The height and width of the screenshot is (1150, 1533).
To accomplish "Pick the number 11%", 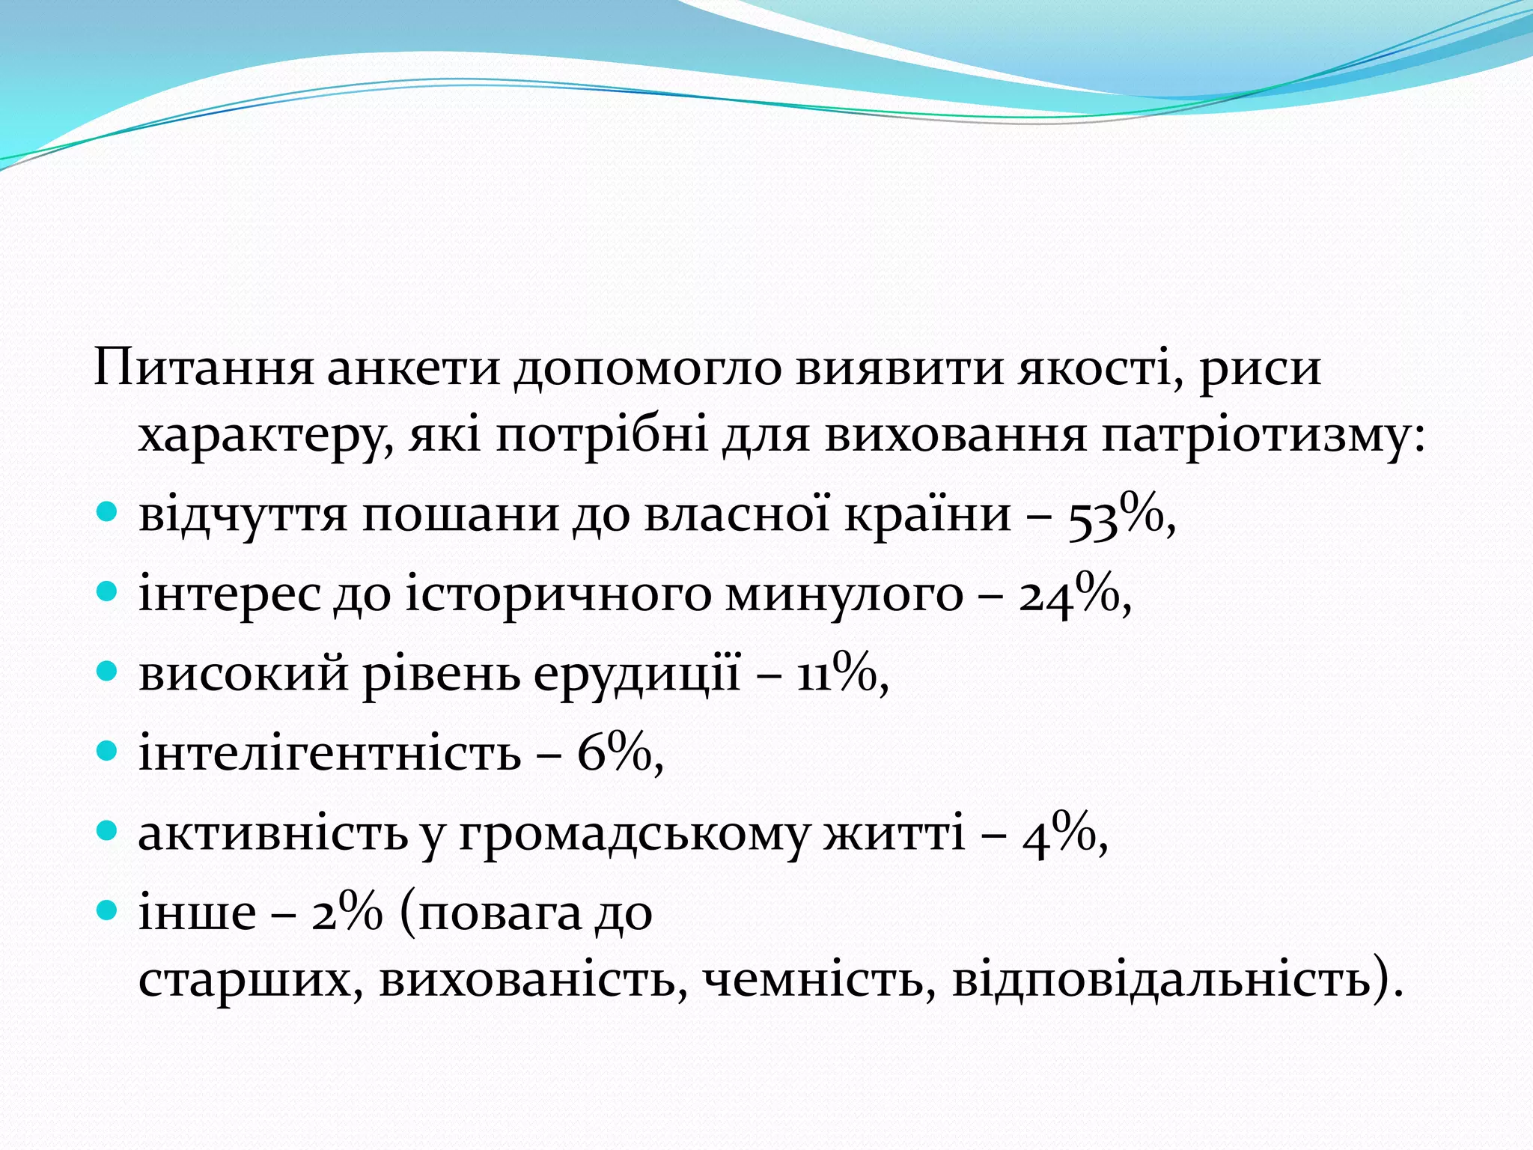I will coord(836,674).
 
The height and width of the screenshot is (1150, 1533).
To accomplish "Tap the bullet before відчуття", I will coord(108,513).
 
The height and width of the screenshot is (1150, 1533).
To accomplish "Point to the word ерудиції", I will coord(636,674).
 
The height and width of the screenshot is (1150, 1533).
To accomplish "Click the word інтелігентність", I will coord(329,753).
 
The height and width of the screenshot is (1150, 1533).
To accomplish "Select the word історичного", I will coord(558,596).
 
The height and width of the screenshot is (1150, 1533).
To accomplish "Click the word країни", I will coord(927,515).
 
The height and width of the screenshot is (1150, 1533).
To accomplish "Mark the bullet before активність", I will coord(108,830).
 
